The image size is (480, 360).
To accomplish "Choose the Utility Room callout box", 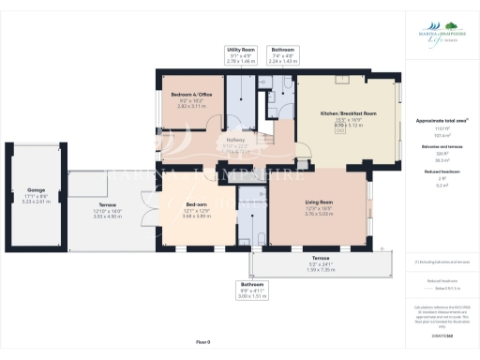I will click(x=241, y=54).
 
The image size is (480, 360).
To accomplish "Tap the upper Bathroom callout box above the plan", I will click(x=282, y=54).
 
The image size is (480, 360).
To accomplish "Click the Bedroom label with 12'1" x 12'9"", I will click(x=197, y=203).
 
